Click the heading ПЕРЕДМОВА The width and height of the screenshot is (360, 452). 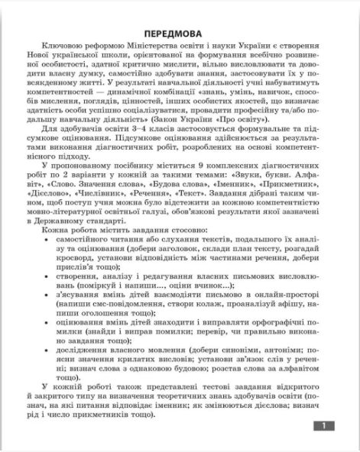(x=181, y=34)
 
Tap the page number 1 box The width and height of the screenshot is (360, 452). (x=323, y=426)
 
